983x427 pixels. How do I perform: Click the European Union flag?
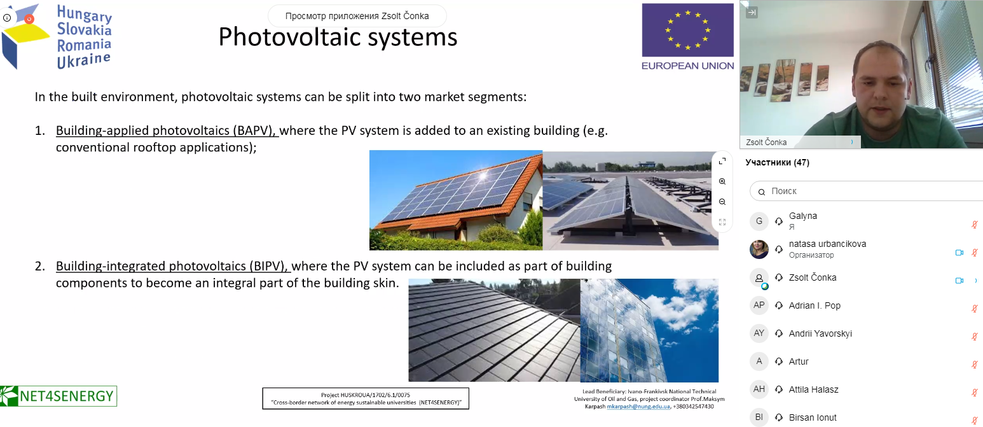tap(688, 31)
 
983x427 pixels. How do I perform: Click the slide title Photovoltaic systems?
tap(338, 38)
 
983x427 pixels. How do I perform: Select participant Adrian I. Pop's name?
tap(815, 305)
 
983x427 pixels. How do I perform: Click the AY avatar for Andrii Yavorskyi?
tap(759, 333)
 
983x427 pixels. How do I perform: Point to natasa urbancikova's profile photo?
tap(759, 249)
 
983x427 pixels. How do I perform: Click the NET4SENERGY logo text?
tap(67, 396)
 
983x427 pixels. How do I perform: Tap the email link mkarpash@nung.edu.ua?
tap(638, 407)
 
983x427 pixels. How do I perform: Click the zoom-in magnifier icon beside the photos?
tap(722, 181)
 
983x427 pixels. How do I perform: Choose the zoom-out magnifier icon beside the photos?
tap(722, 202)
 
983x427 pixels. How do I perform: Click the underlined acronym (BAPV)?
tap(254, 131)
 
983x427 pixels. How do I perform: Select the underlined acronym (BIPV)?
tap(269, 266)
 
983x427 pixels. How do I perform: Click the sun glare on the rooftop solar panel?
tap(483, 176)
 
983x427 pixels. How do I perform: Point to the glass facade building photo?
tap(649, 330)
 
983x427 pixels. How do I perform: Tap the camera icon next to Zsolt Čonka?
tap(959, 281)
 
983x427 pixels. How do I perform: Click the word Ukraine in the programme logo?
tap(84, 60)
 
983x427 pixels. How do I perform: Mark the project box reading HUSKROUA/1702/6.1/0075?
tap(366, 398)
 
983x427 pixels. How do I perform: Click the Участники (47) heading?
tap(777, 162)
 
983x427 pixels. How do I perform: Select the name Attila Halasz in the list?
tap(814, 389)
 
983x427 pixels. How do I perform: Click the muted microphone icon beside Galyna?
tap(974, 225)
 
